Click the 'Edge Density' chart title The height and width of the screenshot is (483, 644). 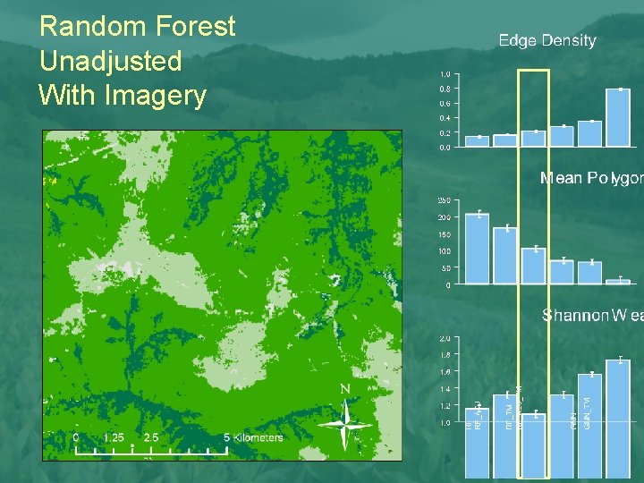[547, 40]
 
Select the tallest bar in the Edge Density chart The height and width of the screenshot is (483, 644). [617, 117]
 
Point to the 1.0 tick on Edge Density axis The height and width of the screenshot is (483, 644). [445, 74]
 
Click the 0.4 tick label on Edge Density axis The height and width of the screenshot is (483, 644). [445, 118]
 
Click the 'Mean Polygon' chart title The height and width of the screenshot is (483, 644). [591, 178]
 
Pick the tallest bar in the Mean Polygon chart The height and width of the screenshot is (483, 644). [478, 249]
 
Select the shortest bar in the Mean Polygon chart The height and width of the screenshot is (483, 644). [617, 282]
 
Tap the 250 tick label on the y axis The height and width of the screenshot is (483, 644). [445, 199]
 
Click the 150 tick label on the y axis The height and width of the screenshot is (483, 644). [445, 234]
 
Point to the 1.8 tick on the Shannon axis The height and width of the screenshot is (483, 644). [445, 355]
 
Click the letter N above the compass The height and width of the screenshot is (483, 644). [345, 389]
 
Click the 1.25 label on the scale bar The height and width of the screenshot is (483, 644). [114, 437]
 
